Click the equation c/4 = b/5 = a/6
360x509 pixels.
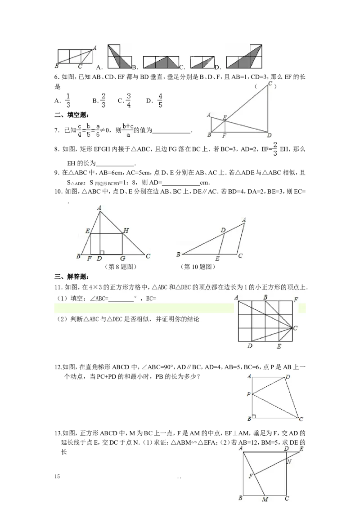(88, 130)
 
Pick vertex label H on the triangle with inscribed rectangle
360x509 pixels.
(126, 231)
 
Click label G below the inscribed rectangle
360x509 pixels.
(122, 259)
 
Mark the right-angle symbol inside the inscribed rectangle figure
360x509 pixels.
(102, 253)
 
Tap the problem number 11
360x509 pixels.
(57, 288)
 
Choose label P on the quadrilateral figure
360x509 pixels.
(248, 394)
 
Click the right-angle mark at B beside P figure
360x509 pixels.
(254, 416)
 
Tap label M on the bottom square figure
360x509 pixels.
(265, 500)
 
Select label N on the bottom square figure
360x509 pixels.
(289, 461)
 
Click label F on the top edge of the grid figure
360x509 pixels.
(296, 299)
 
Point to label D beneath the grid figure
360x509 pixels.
(250, 346)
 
